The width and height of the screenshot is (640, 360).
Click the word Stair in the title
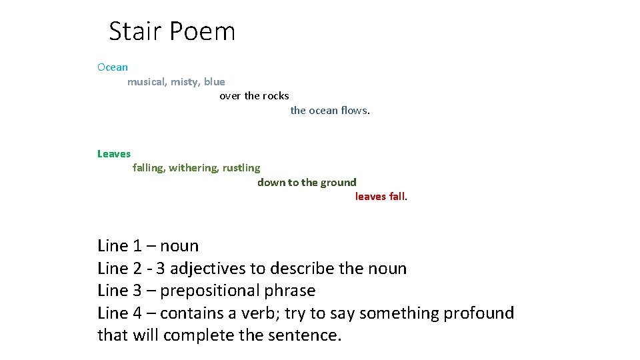click(135, 31)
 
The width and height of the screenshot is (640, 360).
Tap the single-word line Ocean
click(113, 67)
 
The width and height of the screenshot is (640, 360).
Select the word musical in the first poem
click(147, 82)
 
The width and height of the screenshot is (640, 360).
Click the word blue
click(215, 82)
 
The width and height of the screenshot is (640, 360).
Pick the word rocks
click(275, 96)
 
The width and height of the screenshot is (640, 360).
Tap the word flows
click(353, 111)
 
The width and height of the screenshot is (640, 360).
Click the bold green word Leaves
click(114, 154)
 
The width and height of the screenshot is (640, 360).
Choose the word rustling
click(241, 168)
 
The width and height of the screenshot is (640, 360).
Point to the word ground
click(339, 183)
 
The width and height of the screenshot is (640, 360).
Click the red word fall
click(397, 197)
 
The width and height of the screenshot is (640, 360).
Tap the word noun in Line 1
click(179, 246)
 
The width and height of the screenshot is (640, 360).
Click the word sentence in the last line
click(303, 335)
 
